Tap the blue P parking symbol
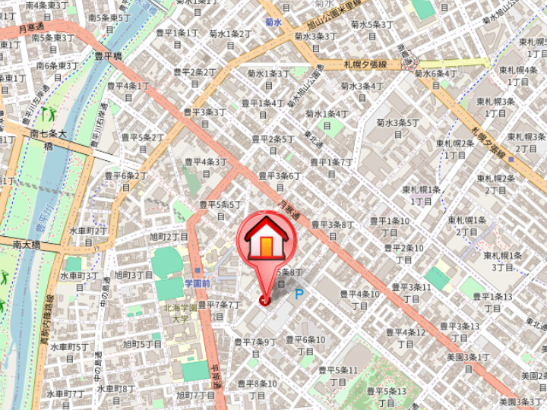299,294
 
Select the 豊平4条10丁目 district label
359,299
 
